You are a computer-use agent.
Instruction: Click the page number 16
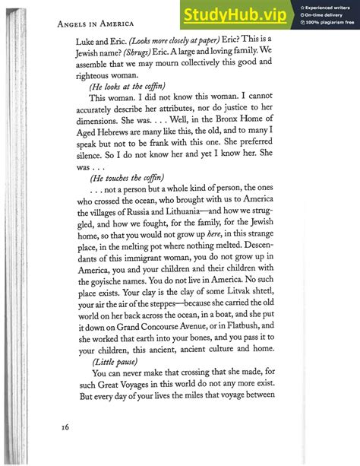click(x=66, y=427)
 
